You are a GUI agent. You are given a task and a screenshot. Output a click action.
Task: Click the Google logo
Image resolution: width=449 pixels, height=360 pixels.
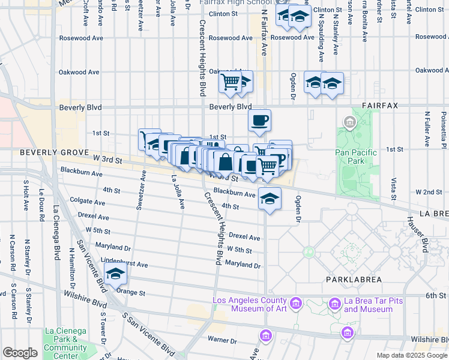tap(20, 353)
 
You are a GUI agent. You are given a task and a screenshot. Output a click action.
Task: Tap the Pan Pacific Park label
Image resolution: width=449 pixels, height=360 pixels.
tap(356, 157)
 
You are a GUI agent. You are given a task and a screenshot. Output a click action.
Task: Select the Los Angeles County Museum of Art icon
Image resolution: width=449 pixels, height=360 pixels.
tap(295, 304)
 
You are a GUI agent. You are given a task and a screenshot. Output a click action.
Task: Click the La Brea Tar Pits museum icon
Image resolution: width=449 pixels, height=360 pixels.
tap(334, 305)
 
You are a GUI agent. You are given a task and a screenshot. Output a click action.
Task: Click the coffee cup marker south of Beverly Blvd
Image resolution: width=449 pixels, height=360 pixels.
tap(259, 120)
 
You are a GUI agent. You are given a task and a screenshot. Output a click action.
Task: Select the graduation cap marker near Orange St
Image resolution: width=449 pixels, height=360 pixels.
tap(115, 275)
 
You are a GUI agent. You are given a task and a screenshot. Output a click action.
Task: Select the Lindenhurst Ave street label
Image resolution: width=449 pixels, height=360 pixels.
tap(124, 264)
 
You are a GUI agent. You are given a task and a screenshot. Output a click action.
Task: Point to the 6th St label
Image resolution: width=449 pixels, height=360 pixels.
tap(434, 296)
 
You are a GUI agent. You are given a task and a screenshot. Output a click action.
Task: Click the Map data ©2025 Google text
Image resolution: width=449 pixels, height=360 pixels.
tap(411, 355)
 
